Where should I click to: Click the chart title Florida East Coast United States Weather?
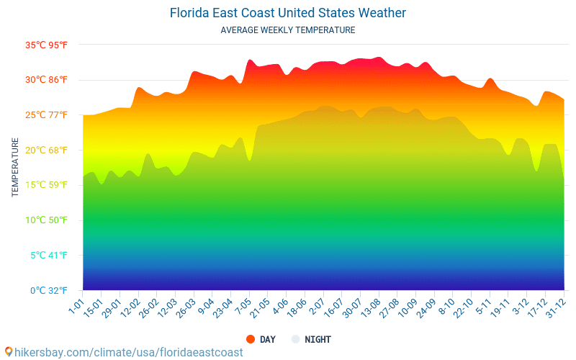(288, 13)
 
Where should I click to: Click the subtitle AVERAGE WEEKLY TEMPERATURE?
(288, 30)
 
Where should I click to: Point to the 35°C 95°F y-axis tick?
(47, 45)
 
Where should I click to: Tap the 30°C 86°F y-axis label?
(47, 80)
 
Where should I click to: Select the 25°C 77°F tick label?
(47, 115)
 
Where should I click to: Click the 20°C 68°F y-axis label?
(47, 150)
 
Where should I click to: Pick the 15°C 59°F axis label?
(47, 185)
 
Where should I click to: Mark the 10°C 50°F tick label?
(47, 220)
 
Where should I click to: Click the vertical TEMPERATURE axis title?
(15, 168)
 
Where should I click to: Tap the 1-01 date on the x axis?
(76, 304)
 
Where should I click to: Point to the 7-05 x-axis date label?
(243, 305)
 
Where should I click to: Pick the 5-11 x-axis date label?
(482, 305)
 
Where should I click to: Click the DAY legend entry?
(260, 339)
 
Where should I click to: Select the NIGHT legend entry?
(311, 339)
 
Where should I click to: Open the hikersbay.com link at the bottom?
(122, 352)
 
